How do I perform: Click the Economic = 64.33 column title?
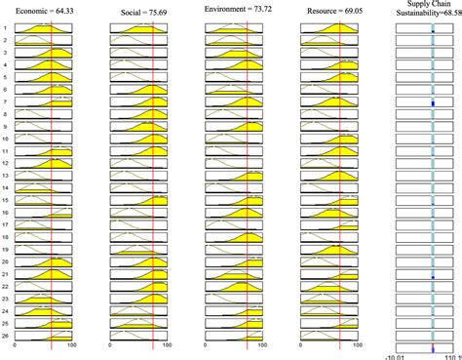(x=43, y=9)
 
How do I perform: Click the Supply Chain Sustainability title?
(x=428, y=9)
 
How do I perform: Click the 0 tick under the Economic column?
(x=15, y=346)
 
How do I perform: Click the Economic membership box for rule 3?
(x=43, y=54)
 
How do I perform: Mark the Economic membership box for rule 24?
(x=43, y=310)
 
